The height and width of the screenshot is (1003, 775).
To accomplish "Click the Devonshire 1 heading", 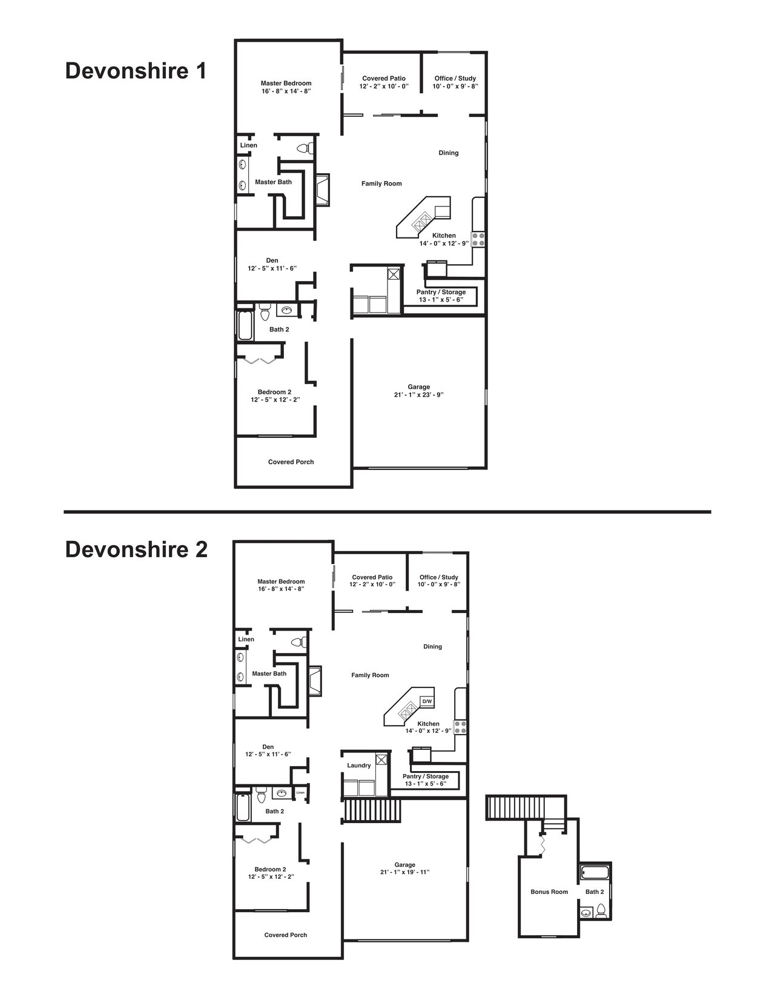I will (x=136, y=71).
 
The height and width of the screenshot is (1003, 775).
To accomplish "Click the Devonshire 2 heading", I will (x=136, y=550).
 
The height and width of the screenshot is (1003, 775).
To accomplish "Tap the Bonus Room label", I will (x=549, y=892).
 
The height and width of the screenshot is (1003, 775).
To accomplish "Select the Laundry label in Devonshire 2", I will (x=358, y=766).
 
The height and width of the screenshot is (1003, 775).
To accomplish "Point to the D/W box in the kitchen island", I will (x=427, y=701).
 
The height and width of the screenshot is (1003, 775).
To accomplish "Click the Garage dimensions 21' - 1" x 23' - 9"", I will (x=418, y=395).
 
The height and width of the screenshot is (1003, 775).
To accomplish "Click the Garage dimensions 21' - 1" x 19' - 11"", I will (x=405, y=872).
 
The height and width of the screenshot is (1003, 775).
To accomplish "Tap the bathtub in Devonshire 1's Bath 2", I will (x=245, y=325).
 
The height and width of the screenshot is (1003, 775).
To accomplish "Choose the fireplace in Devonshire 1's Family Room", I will (x=322, y=189).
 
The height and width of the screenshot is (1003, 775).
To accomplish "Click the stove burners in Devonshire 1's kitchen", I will (x=478, y=239).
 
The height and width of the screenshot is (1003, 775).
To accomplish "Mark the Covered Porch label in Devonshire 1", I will (x=291, y=462).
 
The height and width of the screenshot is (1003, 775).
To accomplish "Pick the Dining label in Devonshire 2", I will (x=432, y=647).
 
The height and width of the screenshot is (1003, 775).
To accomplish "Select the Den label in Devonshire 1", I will (x=272, y=260).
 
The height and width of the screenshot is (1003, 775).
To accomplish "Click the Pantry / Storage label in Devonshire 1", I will (x=441, y=293).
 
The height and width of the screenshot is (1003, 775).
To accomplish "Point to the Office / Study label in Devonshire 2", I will (x=438, y=577).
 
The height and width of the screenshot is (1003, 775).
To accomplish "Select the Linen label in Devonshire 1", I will (x=248, y=145).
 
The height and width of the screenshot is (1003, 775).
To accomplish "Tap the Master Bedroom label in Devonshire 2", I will (x=281, y=581).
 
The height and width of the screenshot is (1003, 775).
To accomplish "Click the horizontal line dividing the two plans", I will (x=387, y=512).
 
